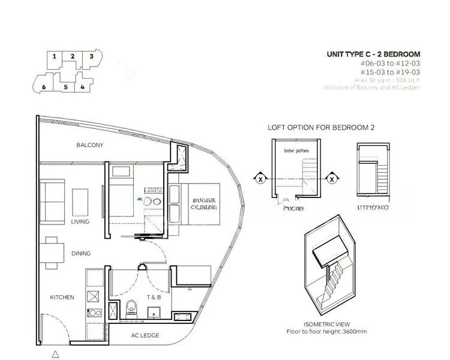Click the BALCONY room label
point(90,145)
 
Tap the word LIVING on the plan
point(80,222)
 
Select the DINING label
point(81,254)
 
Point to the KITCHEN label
point(62,298)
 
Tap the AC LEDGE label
point(145,335)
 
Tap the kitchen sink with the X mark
point(94,296)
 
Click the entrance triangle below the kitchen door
point(55,355)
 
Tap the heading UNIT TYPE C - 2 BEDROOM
point(373,55)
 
